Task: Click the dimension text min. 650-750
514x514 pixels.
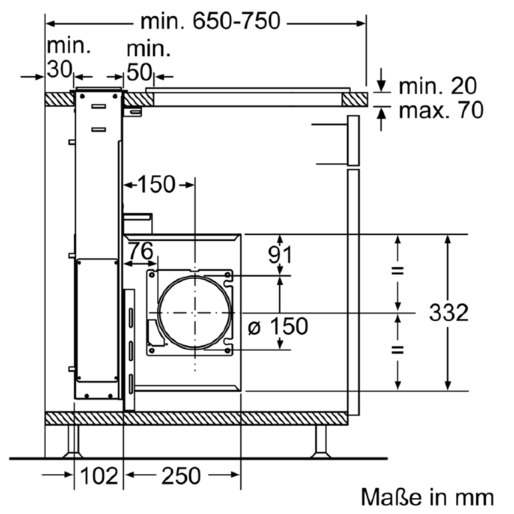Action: click(x=210, y=21)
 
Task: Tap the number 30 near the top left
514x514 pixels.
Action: click(x=60, y=69)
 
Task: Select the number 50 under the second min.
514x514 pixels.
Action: click(x=139, y=72)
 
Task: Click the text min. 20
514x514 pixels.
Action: click(x=437, y=86)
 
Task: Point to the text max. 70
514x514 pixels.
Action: click(x=441, y=110)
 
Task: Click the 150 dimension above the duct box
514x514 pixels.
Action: click(x=157, y=184)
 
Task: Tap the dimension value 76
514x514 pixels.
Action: click(x=140, y=251)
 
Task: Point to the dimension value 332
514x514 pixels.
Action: click(x=448, y=313)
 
